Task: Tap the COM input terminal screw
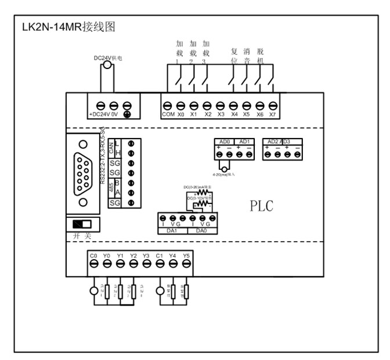tap(167, 106)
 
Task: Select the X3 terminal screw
tap(220, 106)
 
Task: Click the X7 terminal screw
tap(273, 106)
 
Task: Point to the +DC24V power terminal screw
tap(100, 106)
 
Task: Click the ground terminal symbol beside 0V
tap(127, 106)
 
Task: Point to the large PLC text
tap(261, 206)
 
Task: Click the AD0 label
tap(225, 141)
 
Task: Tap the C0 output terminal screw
tap(93, 263)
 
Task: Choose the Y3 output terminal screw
tap(146, 263)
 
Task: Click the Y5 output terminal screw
tap(186, 263)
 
